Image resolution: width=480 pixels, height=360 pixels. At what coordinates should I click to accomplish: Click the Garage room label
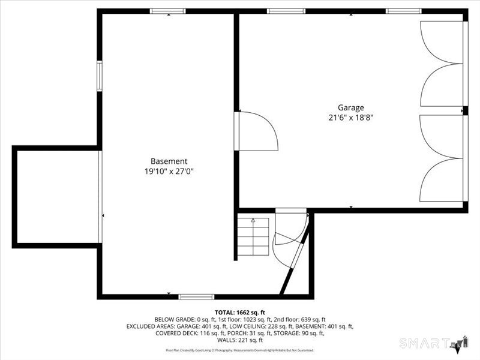pos(350,108)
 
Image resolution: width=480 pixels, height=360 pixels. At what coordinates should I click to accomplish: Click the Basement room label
pos(169,161)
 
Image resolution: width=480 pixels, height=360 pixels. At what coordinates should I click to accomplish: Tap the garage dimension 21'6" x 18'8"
pos(350,118)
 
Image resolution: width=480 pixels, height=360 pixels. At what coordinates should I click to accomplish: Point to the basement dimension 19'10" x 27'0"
pos(169,172)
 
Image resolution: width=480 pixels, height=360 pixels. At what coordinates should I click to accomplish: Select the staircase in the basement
pos(253,238)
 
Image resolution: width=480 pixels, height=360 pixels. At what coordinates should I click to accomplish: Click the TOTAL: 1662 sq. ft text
pos(240,313)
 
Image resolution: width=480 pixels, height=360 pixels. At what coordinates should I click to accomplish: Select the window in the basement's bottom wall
pos(196,296)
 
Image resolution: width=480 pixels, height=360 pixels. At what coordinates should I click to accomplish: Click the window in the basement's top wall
pos(167,11)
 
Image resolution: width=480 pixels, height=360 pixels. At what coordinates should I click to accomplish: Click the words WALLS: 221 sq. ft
pos(240,340)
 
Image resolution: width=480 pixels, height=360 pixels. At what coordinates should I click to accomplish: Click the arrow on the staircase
pos(253,221)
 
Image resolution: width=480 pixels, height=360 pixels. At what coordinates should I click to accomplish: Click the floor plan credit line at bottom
pos(240,350)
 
